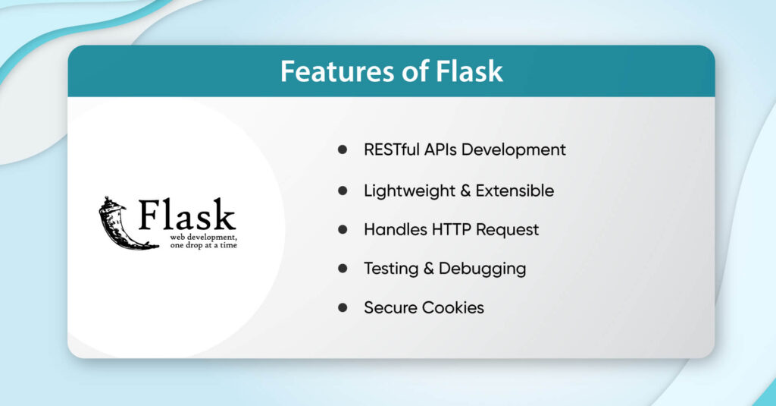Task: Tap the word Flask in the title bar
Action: click(x=470, y=71)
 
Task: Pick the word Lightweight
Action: click(x=408, y=190)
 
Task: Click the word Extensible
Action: click(x=514, y=190)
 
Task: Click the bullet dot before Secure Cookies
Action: click(x=343, y=307)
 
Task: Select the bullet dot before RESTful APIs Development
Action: click(x=343, y=149)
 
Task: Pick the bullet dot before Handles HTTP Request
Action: click(x=343, y=229)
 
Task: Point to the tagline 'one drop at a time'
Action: click(x=199, y=245)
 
